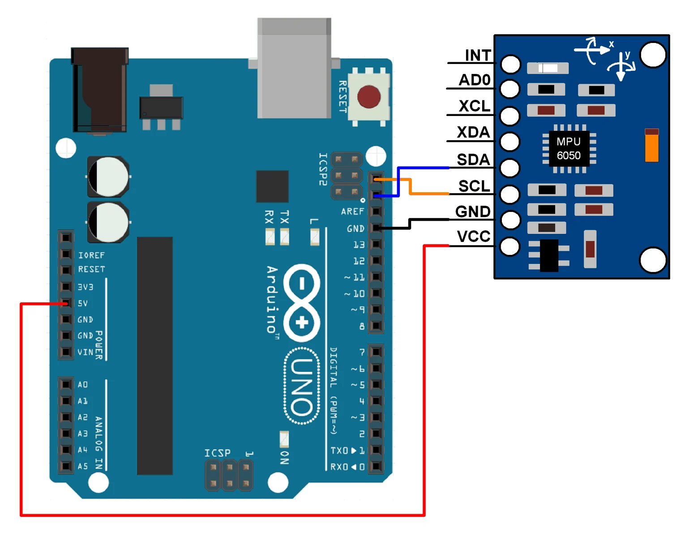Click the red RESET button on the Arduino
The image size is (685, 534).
click(368, 96)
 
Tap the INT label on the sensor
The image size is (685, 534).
click(478, 55)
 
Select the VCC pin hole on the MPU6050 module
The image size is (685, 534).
click(509, 246)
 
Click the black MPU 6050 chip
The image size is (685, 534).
click(569, 149)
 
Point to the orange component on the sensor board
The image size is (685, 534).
click(651, 145)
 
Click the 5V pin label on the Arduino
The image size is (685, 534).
click(83, 303)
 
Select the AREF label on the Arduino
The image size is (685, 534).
click(352, 211)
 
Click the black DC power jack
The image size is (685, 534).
click(100, 90)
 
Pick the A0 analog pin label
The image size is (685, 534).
click(83, 385)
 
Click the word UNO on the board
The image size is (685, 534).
click(302, 386)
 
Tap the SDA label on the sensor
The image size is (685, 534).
click(473, 159)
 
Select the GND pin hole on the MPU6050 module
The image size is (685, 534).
click(509, 220)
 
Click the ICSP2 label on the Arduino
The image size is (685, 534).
click(323, 169)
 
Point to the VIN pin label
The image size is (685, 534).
click(86, 352)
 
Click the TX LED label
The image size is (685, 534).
click(284, 217)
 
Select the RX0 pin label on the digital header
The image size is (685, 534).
click(339, 467)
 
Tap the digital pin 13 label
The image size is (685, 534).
click(359, 245)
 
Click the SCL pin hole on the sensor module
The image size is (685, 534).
click(509, 194)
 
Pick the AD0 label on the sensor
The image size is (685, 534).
click(475, 80)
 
